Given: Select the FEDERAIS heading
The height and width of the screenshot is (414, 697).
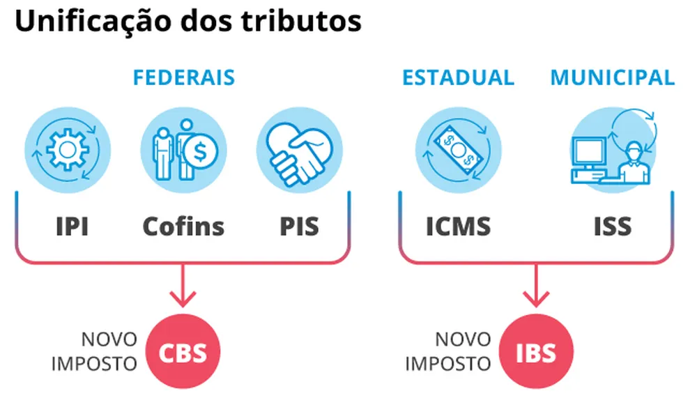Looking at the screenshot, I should (x=184, y=77).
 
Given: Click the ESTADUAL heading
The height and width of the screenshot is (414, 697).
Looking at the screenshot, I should (x=458, y=77).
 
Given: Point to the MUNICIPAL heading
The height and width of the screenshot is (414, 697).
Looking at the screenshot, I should (x=613, y=77).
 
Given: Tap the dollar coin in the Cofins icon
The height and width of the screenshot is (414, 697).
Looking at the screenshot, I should (x=204, y=150).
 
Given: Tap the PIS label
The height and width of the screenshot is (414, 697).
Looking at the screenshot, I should (x=300, y=227).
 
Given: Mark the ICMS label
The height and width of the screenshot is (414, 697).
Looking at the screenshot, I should (x=459, y=227).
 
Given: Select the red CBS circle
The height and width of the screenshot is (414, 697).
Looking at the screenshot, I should (x=183, y=352).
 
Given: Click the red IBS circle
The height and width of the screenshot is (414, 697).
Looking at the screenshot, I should (x=537, y=352).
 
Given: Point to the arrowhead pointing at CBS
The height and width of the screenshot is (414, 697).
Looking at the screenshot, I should (x=183, y=298).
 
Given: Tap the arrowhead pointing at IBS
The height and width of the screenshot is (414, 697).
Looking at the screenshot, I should (x=537, y=298).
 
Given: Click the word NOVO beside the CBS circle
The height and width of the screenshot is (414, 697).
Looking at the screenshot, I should (x=109, y=340).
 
